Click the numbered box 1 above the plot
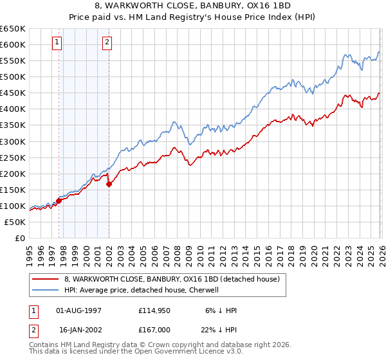tap(58, 43)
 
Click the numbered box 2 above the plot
tap(107, 43)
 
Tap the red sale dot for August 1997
tap(59, 201)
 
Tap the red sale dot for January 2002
tap(109, 184)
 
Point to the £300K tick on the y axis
tap(14, 141)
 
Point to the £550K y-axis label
tap(14, 61)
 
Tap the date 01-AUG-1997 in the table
tap(78, 310)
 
